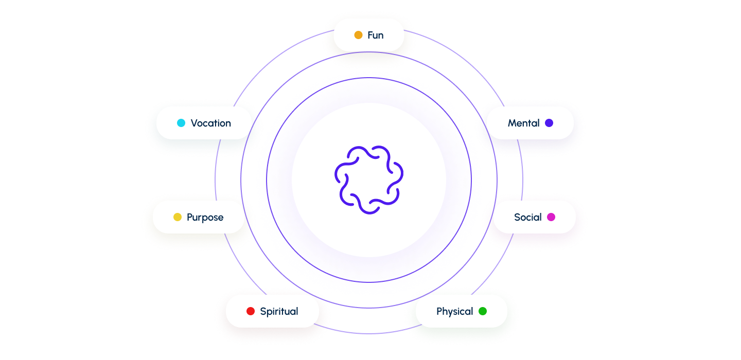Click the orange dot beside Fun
(358, 35)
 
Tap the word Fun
(376, 35)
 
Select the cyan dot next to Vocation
(181, 123)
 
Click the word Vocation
(211, 123)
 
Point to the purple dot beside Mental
(549, 123)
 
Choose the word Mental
(524, 123)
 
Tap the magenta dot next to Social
(551, 217)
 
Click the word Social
(528, 217)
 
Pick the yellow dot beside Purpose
(178, 217)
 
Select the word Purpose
(205, 217)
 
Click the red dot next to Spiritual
(251, 311)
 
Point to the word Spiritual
(279, 311)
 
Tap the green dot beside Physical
(483, 311)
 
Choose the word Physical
(455, 311)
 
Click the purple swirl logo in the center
(369, 179)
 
